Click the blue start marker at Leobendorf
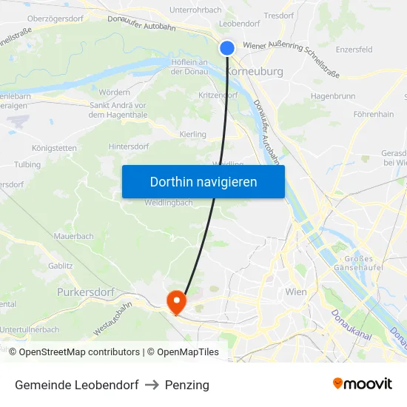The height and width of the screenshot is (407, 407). point(227,48)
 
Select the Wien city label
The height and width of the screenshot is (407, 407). point(295,292)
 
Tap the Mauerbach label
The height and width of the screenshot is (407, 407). point(73,236)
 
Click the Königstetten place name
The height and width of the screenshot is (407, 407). point(54,148)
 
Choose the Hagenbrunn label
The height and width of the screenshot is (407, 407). point(333,95)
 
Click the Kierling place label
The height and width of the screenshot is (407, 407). point(193,134)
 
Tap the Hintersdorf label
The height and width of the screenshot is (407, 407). point(129,147)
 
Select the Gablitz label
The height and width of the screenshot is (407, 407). point(61,266)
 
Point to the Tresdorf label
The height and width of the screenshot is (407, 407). point(279,15)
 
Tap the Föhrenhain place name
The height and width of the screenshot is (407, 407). point(374,115)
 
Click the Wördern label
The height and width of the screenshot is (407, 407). point(115,92)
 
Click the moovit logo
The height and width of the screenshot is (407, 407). point(363,384)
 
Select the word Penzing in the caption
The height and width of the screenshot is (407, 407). point(187,385)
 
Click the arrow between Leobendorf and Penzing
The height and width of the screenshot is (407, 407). point(152,385)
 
